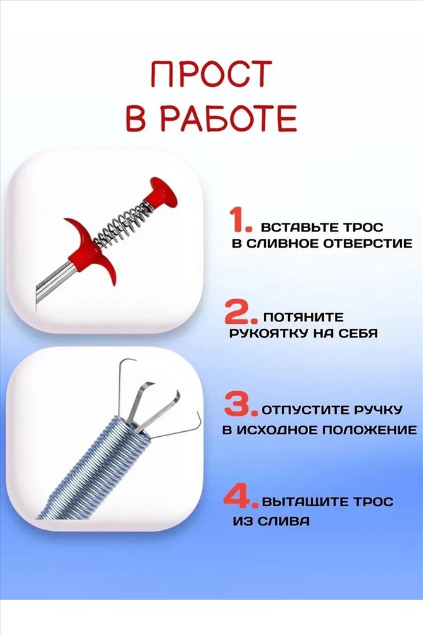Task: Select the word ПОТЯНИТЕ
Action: tap(303, 317)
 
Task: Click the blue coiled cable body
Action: tap(93, 469)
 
